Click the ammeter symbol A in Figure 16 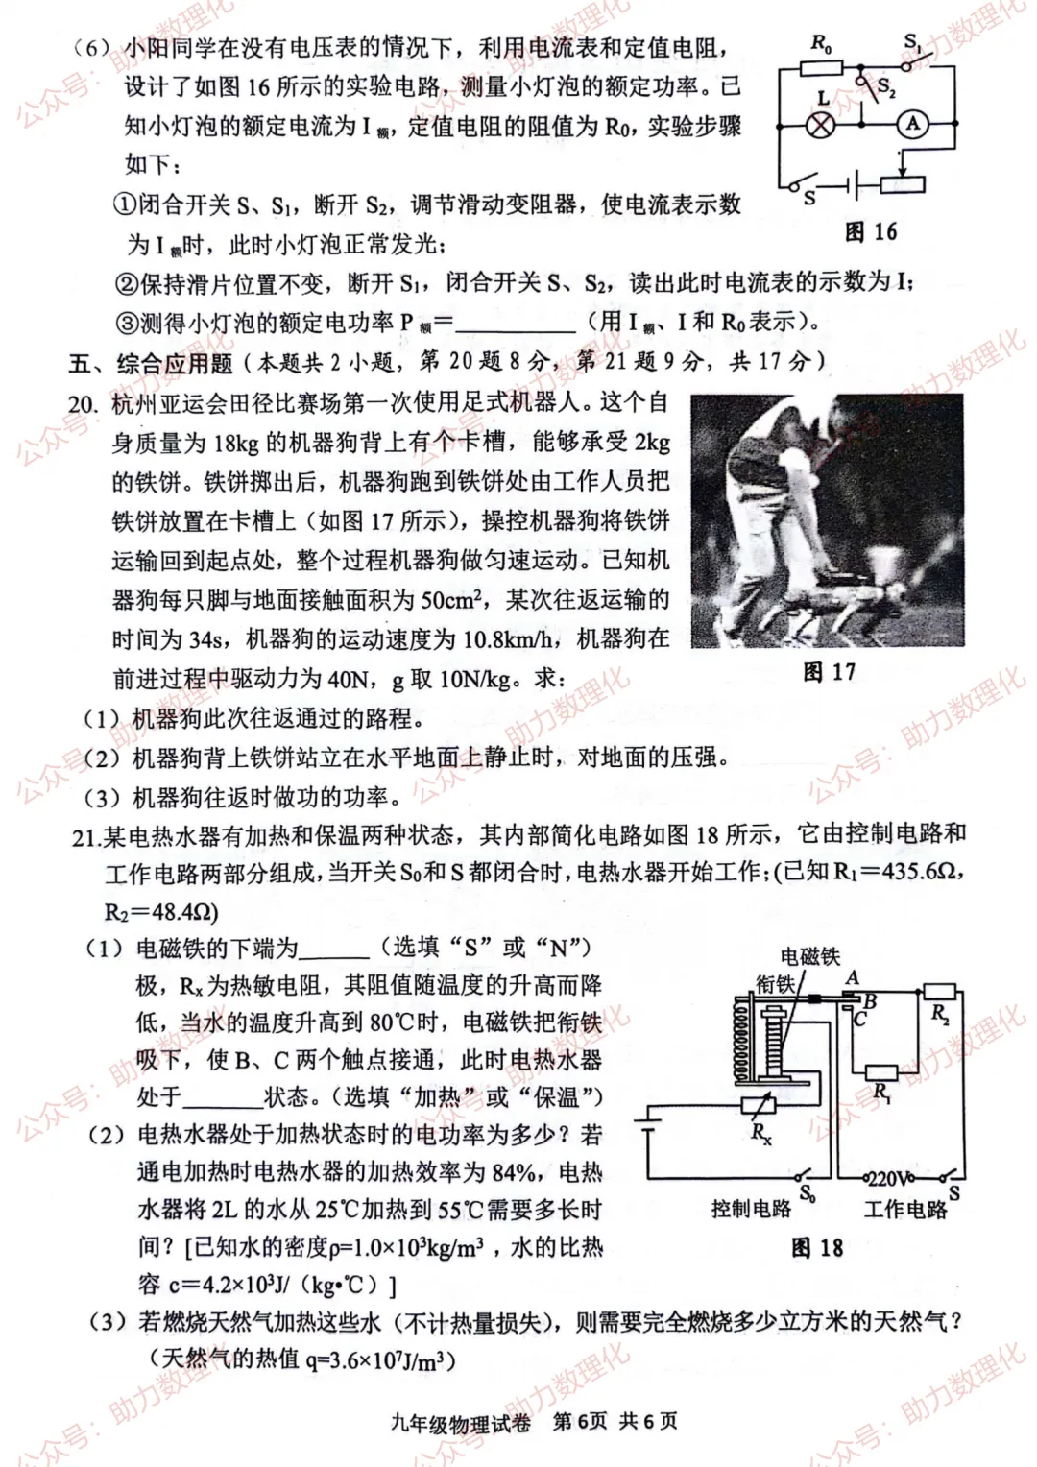click(x=912, y=123)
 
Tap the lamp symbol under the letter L click(x=820, y=124)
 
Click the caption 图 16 click(x=870, y=231)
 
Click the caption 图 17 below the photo click(x=829, y=671)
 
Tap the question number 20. click(x=84, y=404)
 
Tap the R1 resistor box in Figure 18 click(x=880, y=1072)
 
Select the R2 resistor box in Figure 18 click(x=938, y=992)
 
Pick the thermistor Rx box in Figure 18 click(x=760, y=1106)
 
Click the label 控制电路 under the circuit click(x=751, y=1209)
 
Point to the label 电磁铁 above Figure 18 click(x=809, y=955)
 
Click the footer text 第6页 click(x=580, y=1422)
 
